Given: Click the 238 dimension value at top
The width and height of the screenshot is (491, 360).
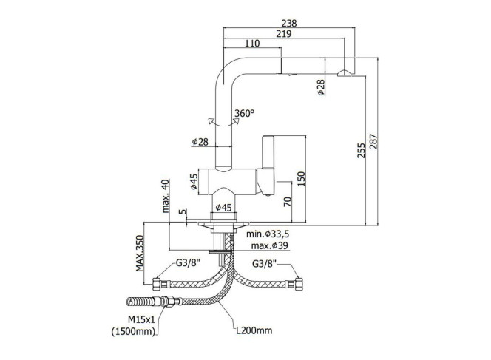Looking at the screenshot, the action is [x=288, y=23].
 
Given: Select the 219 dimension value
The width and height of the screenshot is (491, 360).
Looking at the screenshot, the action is [x=283, y=33].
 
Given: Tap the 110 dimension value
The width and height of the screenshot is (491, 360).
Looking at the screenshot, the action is [x=252, y=43].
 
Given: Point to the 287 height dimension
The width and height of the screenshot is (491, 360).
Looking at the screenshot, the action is [x=374, y=141].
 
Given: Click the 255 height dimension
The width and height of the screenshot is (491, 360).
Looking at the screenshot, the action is [x=362, y=150].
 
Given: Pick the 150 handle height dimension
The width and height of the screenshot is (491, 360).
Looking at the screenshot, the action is [x=301, y=179].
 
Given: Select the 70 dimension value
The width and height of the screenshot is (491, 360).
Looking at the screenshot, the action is [x=288, y=201].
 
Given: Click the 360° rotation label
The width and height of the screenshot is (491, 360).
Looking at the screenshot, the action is [x=244, y=113].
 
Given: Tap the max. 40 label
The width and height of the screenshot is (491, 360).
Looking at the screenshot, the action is [x=166, y=196].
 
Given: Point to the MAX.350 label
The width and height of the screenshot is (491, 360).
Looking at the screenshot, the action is [x=139, y=254].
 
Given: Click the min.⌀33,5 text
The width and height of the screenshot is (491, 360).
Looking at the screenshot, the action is [x=268, y=234].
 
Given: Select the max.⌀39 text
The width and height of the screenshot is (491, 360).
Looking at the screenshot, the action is [x=269, y=245].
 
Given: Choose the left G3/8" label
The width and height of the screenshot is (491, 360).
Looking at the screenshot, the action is [x=188, y=262].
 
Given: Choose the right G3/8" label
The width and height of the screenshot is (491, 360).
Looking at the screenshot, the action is [x=264, y=264].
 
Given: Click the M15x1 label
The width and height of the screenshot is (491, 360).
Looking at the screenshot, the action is [x=141, y=319].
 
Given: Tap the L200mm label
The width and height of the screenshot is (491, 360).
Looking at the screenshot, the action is [x=254, y=330].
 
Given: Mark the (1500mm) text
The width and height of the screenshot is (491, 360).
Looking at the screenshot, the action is [x=134, y=331].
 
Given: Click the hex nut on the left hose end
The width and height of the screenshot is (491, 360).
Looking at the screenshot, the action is [x=156, y=284].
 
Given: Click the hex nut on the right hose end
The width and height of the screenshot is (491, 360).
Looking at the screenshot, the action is [x=299, y=284].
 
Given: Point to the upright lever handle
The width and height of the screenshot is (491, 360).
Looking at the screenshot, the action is [x=268, y=152].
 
